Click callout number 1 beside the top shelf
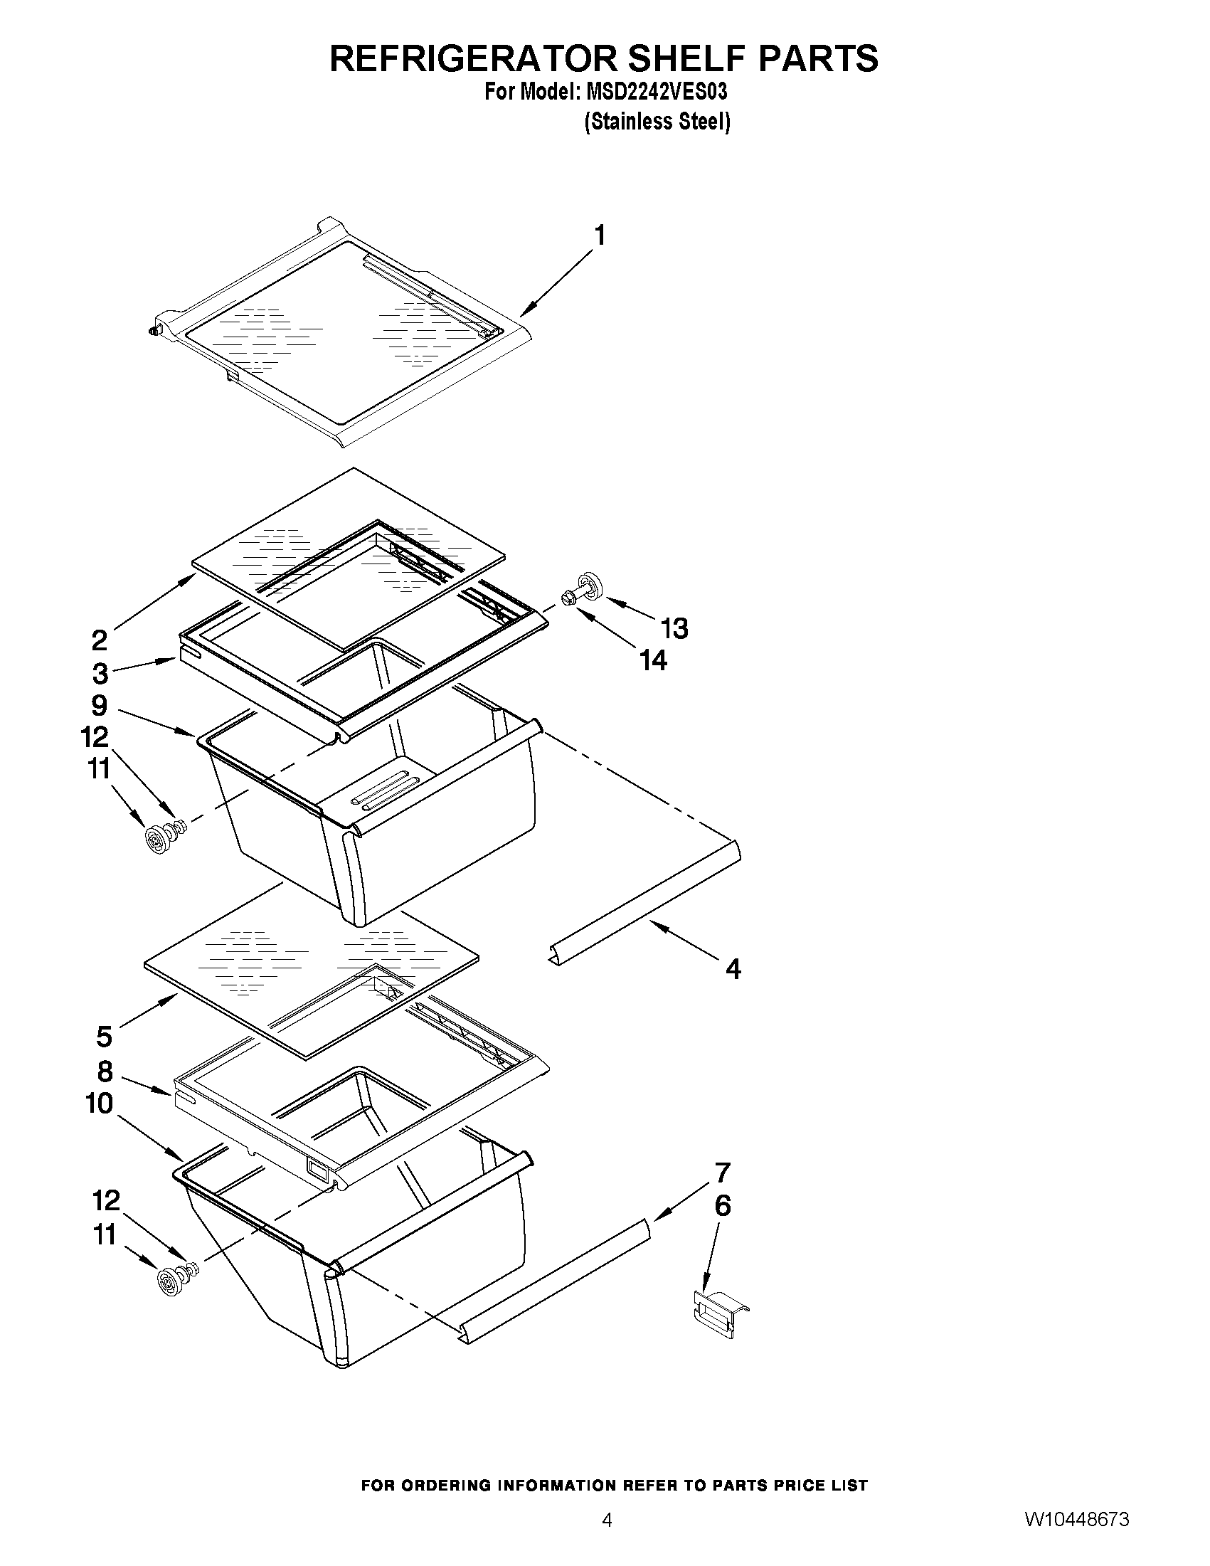coord(599,236)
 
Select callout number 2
coord(100,639)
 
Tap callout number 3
coord(100,673)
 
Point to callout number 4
coord(733,970)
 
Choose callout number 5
coord(105,1036)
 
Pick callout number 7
coord(723,1173)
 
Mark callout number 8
coord(105,1072)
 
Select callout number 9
coord(100,706)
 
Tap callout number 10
coord(100,1104)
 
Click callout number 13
coord(674,628)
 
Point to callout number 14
coord(653,660)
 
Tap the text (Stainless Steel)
coord(657,122)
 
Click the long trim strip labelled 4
coord(645,904)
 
